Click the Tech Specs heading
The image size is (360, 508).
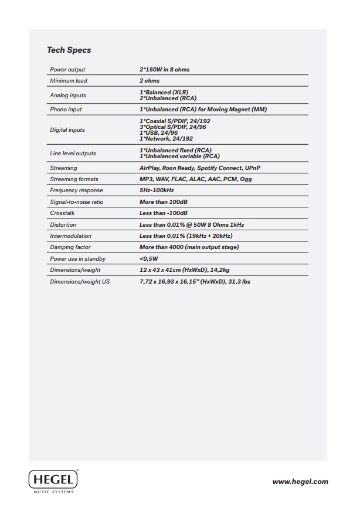69,50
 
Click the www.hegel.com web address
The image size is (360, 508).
300,482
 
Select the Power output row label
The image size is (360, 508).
67,70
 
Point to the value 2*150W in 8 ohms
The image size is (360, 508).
164,70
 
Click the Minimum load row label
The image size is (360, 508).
69,81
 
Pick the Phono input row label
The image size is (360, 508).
66,110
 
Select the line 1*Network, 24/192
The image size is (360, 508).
167,139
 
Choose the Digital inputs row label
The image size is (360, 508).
67,130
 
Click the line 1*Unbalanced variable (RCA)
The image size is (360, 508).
179,156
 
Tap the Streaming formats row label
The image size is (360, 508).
74,179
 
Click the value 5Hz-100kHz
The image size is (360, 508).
157,190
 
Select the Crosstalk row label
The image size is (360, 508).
62,213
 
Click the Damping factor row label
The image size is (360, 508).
70,247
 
